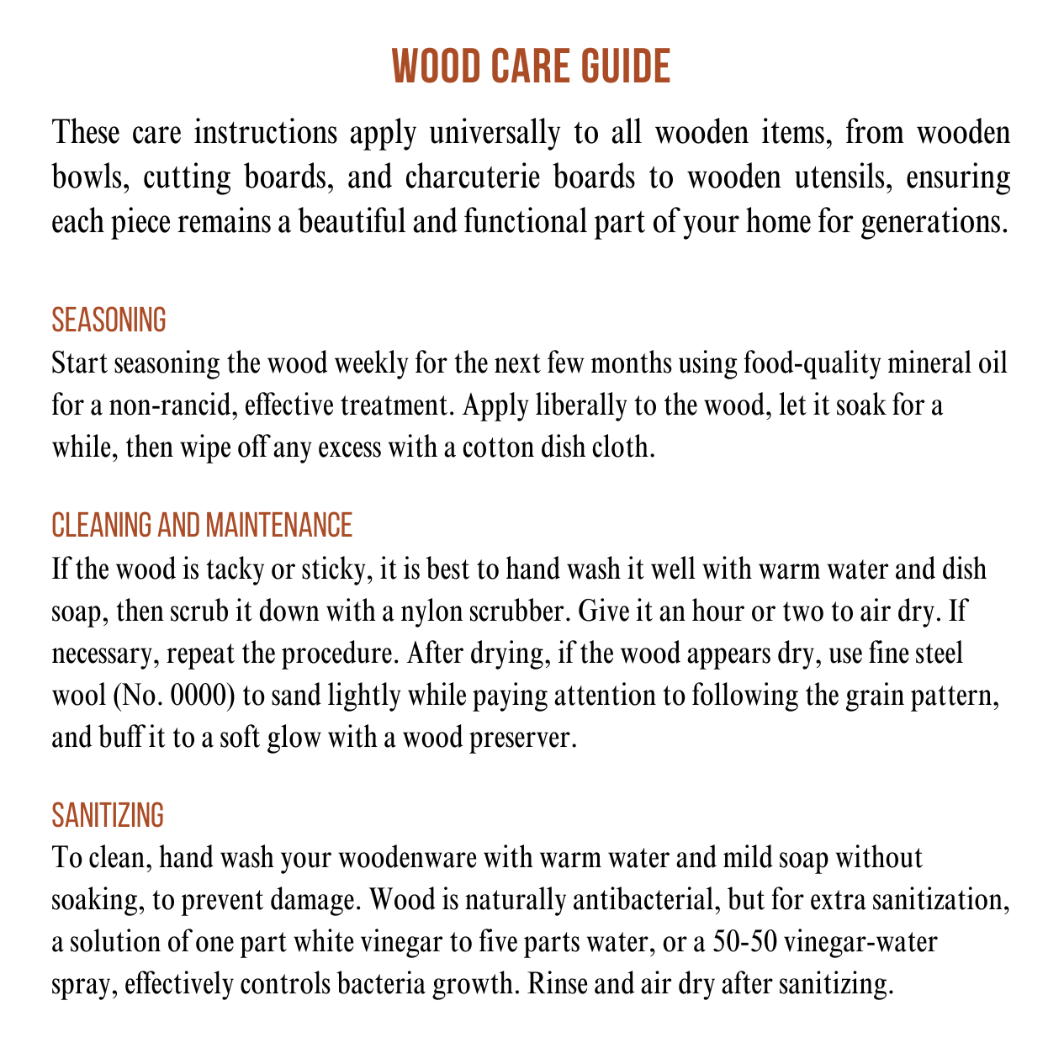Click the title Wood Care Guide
[532, 66]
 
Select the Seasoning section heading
[109, 320]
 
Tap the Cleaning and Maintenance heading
[202, 525]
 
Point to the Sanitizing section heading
[107, 815]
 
